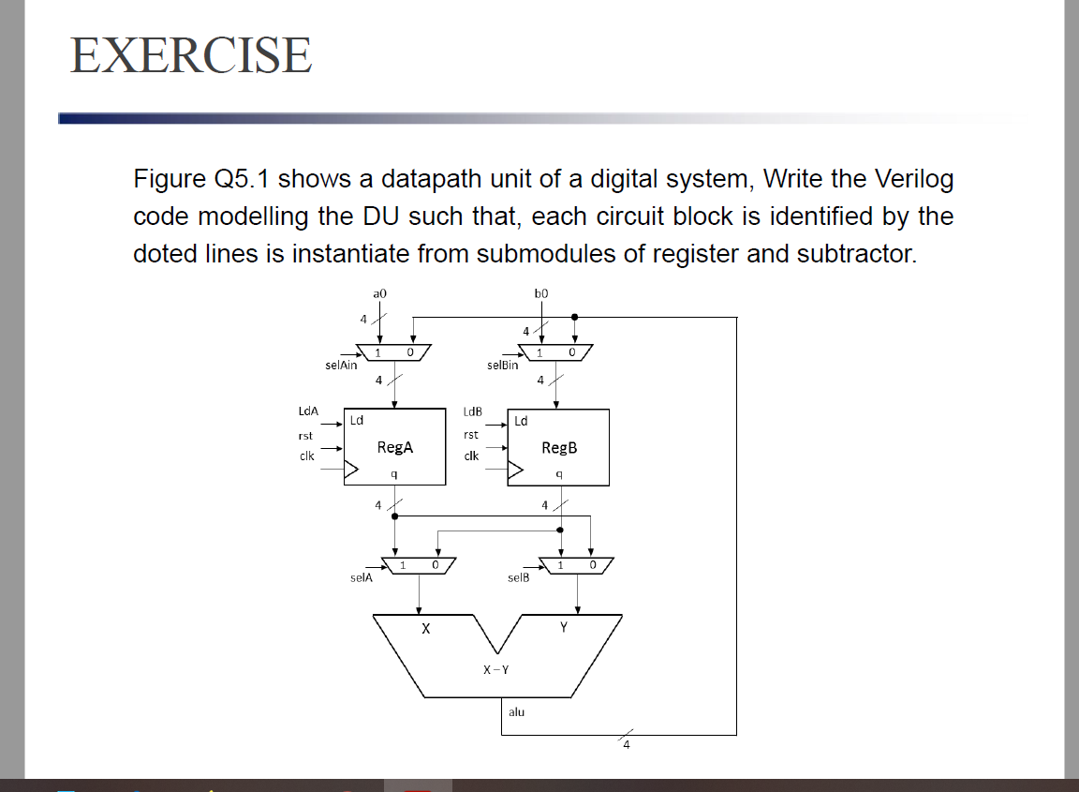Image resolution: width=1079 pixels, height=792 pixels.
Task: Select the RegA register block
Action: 394,447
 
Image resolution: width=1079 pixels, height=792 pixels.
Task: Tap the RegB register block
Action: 558,447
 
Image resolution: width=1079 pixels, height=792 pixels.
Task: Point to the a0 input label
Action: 379,293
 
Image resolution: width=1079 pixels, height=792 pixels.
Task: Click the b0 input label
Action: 541,293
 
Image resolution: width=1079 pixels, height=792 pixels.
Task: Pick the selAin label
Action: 341,366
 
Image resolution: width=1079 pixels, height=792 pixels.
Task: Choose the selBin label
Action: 503,366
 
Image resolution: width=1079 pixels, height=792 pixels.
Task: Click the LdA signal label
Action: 308,411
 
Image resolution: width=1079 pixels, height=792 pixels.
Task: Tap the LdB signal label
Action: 472,411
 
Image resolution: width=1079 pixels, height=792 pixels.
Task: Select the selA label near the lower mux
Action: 362,577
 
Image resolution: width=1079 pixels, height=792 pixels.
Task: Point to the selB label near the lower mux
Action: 518,577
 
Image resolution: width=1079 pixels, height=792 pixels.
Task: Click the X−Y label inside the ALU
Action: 495,669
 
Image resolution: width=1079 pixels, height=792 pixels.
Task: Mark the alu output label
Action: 516,712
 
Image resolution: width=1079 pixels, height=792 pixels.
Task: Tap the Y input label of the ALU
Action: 563,629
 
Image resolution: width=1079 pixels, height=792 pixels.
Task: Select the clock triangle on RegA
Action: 352,471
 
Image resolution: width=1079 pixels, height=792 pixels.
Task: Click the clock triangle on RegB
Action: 515,471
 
